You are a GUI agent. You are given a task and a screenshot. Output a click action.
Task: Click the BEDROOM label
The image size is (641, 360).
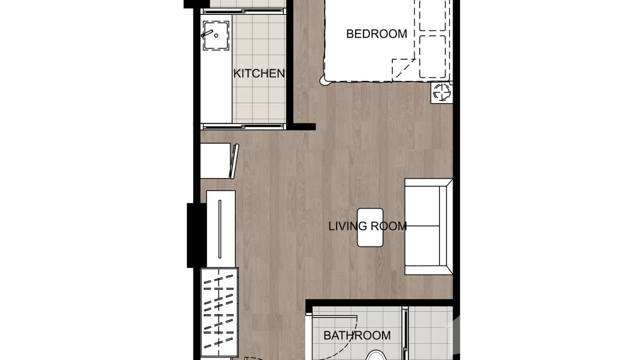point(376,34)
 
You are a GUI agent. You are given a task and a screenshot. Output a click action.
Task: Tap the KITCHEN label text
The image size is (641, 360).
point(258,74)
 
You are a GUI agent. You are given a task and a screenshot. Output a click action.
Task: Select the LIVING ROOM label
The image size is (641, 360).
point(367,226)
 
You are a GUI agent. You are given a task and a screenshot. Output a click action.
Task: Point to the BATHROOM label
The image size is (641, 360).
point(357,336)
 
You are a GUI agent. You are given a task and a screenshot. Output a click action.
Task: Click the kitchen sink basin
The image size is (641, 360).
point(216,36)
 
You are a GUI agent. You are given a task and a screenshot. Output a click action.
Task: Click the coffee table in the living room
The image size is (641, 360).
point(370,227)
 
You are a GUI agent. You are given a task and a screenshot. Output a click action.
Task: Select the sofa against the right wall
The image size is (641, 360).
point(427,227)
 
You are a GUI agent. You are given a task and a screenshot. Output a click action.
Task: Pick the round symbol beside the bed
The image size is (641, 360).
point(441,92)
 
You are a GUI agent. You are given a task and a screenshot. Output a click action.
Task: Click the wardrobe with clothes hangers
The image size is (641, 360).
point(219,312)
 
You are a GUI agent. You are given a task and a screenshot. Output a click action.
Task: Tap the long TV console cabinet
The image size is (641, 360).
point(220,229)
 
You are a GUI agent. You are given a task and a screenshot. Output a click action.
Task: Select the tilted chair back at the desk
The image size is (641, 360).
point(234,161)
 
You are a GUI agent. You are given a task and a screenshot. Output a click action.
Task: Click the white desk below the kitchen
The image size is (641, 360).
point(215,161)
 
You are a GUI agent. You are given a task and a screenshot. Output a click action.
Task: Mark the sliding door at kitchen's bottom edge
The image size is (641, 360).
point(243,127)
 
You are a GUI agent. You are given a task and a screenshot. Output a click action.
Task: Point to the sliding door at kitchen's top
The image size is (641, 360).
point(243,11)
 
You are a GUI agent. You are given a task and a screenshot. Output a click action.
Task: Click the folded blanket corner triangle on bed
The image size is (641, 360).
point(402,70)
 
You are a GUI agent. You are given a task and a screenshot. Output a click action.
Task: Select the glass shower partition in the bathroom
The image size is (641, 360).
point(405,334)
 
